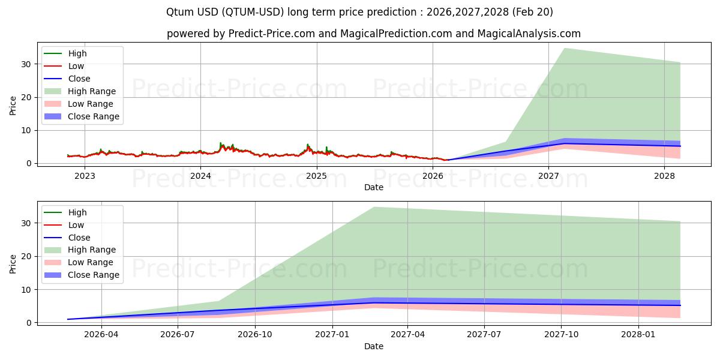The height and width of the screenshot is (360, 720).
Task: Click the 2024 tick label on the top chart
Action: pos(200,176)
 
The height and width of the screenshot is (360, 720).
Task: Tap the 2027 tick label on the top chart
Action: pos(548,176)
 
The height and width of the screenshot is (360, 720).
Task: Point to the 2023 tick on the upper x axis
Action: pos(85,176)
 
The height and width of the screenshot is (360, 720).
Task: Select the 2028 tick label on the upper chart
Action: pos(664,176)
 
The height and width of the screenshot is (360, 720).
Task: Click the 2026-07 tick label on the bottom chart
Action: pos(178,335)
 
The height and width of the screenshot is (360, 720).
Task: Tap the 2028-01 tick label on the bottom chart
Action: pos(639,335)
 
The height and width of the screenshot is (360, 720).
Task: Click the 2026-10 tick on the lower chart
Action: pos(255,335)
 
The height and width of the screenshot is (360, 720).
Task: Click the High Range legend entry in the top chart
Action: pos(92,91)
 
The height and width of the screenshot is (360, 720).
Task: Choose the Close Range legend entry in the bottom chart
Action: pos(93,275)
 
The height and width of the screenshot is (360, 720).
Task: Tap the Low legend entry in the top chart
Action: pos(76,66)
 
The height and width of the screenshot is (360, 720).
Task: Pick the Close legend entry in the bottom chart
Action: pos(79,238)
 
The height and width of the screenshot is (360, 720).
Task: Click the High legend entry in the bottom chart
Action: pos(77,212)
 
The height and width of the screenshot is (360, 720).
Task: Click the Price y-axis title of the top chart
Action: pos(13,106)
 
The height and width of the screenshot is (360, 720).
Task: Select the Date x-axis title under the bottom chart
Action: pos(374,346)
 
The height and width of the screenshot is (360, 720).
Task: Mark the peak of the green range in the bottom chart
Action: pos(374,207)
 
